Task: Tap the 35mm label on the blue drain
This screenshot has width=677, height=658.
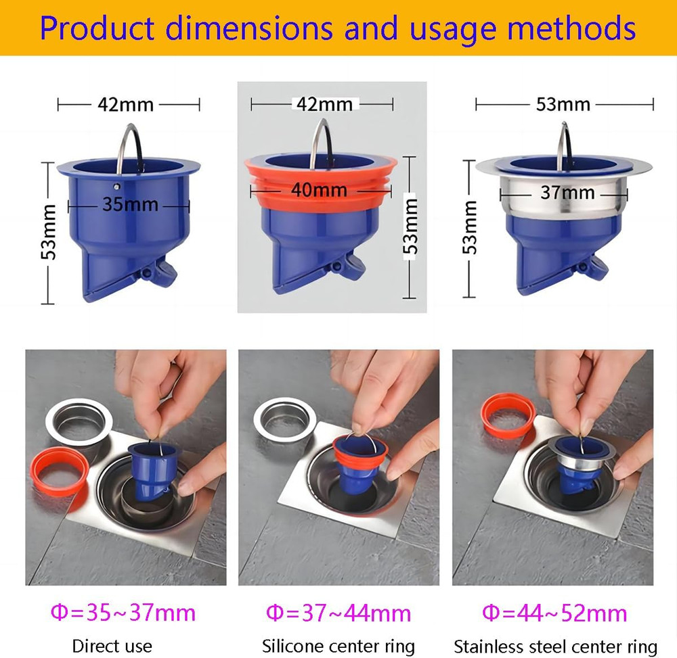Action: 131,204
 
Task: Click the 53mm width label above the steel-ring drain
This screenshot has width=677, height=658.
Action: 563,104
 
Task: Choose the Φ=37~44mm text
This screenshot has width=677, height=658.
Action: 338,613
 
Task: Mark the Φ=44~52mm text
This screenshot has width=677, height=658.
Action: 554,613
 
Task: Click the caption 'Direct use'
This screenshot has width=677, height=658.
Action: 112,646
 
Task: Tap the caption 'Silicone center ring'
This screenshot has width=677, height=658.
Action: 338,646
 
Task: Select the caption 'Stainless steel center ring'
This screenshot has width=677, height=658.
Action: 555,646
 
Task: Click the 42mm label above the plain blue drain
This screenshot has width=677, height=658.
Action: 126,105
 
